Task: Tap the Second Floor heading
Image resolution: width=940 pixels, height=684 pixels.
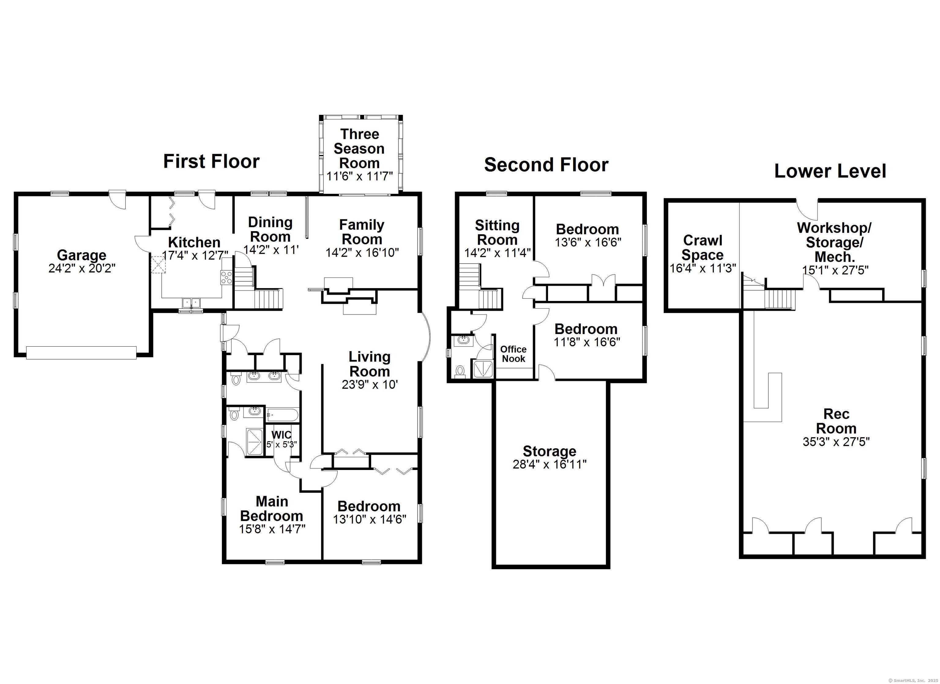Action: point(546,165)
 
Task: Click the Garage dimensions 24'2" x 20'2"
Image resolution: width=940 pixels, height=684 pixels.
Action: point(82,269)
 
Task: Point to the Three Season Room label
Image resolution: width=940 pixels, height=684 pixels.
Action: point(359,148)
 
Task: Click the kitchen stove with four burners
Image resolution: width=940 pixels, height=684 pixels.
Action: point(226,277)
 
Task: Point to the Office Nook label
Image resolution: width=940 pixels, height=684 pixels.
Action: point(513,354)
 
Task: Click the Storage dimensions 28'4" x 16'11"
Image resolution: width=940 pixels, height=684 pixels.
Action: point(550,464)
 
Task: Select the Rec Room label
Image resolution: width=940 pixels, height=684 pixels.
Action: point(836,421)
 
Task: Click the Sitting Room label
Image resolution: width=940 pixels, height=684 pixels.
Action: point(497,233)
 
